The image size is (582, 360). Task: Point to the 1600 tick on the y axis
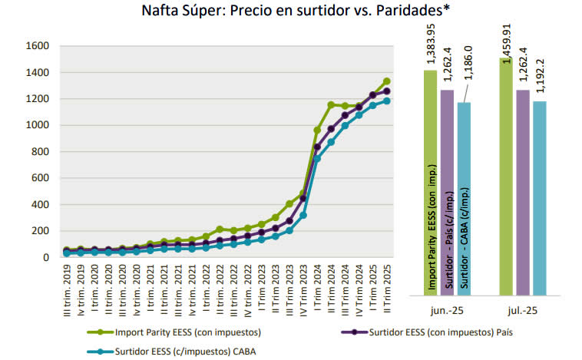(x=38, y=46)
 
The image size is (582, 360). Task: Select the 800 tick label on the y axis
(x=41, y=151)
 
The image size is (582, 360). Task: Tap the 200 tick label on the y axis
(x=41, y=230)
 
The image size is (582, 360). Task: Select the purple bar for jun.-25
(x=448, y=192)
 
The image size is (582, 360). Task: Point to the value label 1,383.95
(x=430, y=44)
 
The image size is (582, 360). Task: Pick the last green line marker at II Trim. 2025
(x=387, y=81)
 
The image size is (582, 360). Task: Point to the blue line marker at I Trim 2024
(x=316, y=158)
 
